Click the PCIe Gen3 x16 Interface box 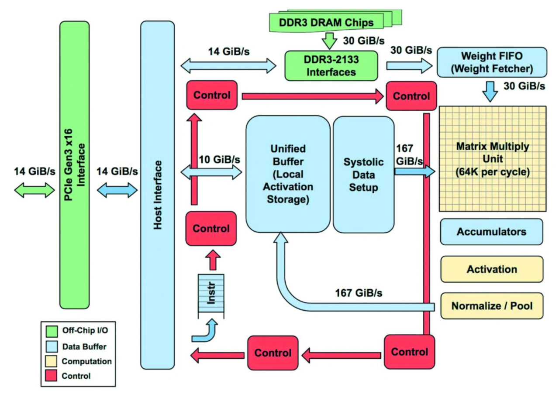coord(74,165)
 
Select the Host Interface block coord(157,195)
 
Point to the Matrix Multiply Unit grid coord(492,158)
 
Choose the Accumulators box coord(491,232)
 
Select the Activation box coord(491,269)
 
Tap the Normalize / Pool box coord(491,305)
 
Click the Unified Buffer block coord(287,174)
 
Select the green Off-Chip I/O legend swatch coord(51,331)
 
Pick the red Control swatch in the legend coord(51,376)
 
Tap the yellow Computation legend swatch coord(51,361)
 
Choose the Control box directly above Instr coord(211,228)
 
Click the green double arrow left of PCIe coord(34,190)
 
